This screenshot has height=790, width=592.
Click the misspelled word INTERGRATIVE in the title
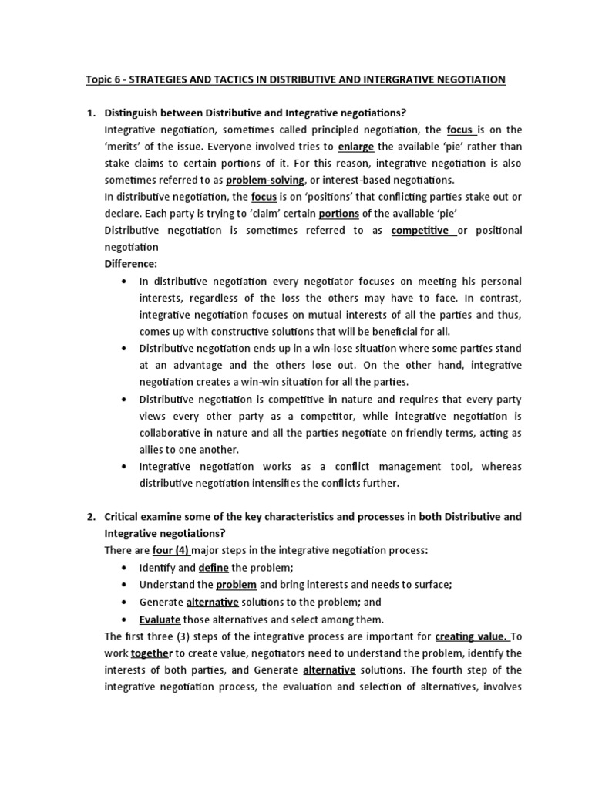404,79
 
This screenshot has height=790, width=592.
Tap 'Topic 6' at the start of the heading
103,79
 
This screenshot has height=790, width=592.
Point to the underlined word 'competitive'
423,231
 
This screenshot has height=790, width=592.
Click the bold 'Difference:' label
130,264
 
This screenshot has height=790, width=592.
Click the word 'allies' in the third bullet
152,449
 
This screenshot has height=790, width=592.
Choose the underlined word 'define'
214,567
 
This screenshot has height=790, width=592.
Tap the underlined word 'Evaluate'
160,619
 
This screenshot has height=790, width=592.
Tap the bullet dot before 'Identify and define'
126,568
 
